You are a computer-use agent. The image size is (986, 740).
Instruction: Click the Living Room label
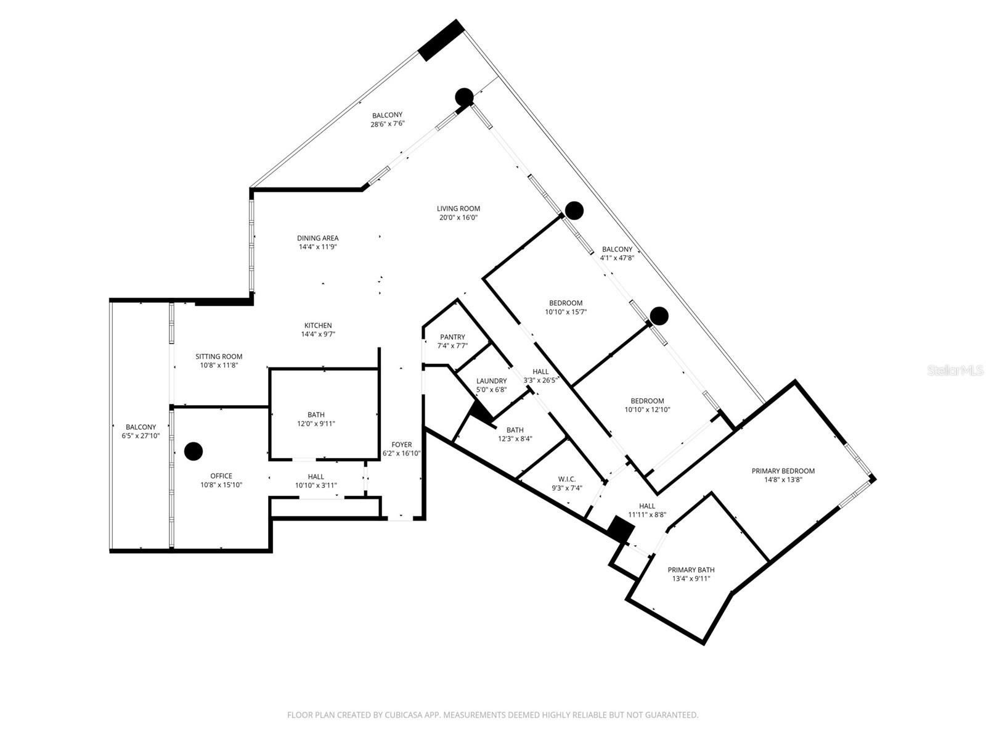[x=458, y=208]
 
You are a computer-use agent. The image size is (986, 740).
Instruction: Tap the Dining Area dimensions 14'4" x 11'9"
[x=317, y=247]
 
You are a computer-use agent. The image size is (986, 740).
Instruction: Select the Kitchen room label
[x=318, y=326]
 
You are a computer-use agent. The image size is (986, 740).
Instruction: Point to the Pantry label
[x=452, y=337]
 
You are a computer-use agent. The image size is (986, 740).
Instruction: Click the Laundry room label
[x=491, y=381]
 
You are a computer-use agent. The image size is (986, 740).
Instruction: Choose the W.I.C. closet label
[x=567, y=479]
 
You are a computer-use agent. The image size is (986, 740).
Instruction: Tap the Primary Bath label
[x=691, y=570]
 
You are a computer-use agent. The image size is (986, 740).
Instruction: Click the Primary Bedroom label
[x=783, y=471]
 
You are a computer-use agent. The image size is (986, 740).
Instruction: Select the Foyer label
[x=402, y=445]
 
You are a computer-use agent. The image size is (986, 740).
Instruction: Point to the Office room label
[x=221, y=476]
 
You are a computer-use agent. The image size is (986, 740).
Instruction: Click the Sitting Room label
[x=219, y=356]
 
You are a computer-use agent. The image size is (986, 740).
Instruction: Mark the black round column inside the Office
[x=194, y=451]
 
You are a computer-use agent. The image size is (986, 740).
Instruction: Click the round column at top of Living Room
[x=464, y=97]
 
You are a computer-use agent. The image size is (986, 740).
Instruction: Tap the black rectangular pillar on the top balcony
[x=441, y=40]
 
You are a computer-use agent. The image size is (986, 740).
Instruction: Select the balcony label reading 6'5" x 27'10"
[x=141, y=435]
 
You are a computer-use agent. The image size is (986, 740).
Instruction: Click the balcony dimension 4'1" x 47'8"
[x=617, y=258]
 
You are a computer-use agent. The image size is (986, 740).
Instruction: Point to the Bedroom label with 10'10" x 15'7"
[x=566, y=303]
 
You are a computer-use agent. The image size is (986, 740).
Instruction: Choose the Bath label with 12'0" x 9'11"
[x=316, y=415]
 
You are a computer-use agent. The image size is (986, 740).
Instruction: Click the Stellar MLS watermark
[x=955, y=370]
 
